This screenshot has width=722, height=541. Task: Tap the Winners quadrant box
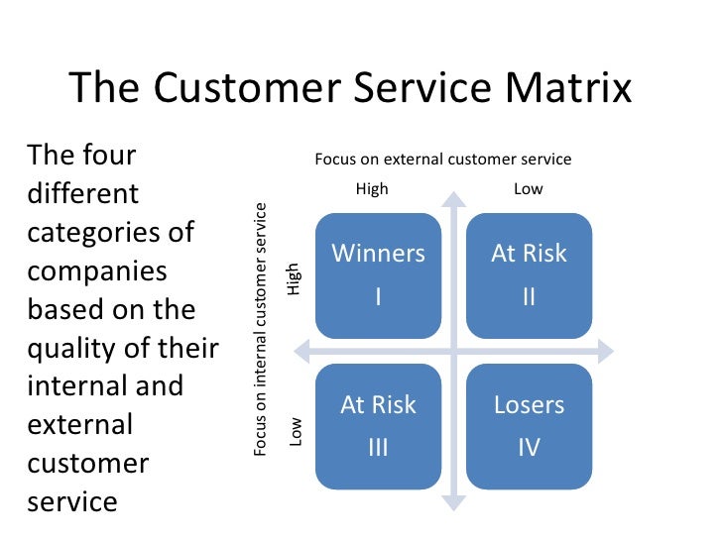pyautogui.click(x=378, y=274)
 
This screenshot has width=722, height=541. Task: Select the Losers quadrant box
pyautogui.click(x=529, y=426)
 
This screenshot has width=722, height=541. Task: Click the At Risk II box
pyautogui.click(x=529, y=274)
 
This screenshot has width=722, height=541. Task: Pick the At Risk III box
pyautogui.click(x=378, y=426)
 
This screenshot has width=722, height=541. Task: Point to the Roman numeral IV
pyautogui.click(x=529, y=448)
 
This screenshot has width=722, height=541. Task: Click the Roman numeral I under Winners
pyautogui.click(x=378, y=296)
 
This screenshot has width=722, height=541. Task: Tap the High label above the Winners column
pyautogui.click(x=372, y=189)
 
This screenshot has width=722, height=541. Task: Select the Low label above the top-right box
pyautogui.click(x=529, y=189)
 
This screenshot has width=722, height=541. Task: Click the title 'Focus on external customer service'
pyautogui.click(x=443, y=159)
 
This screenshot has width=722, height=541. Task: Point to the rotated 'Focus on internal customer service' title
pyautogui.click(x=261, y=329)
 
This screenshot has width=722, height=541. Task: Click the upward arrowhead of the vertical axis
pyautogui.click(x=453, y=197)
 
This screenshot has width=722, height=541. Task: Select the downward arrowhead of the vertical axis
pyautogui.click(x=453, y=502)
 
